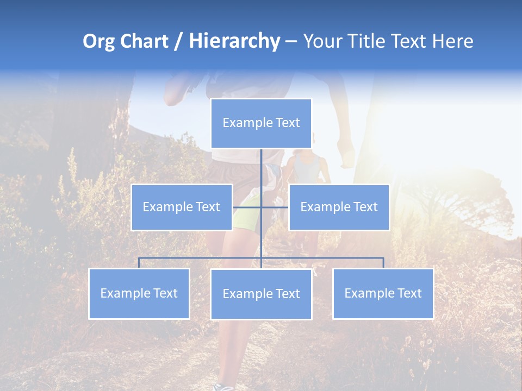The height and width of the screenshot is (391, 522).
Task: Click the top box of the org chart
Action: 261,123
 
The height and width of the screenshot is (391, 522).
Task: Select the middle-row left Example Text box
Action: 182,207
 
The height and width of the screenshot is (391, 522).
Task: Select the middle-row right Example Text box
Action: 339,207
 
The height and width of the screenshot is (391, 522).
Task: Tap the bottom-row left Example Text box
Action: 139,293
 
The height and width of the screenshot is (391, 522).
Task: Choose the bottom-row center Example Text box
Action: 261,294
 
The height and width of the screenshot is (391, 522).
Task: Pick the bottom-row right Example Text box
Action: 383,293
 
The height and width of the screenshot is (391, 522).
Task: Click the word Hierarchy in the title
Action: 234,41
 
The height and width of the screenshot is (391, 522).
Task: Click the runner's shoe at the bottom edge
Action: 223,387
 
